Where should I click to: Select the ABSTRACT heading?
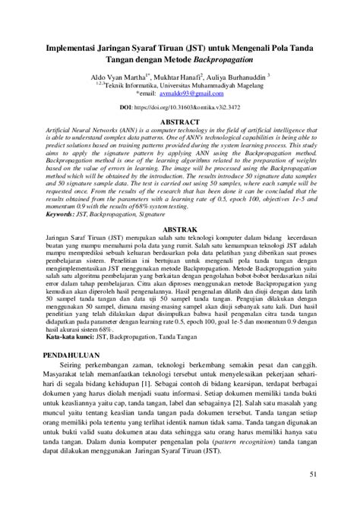(180, 121)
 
